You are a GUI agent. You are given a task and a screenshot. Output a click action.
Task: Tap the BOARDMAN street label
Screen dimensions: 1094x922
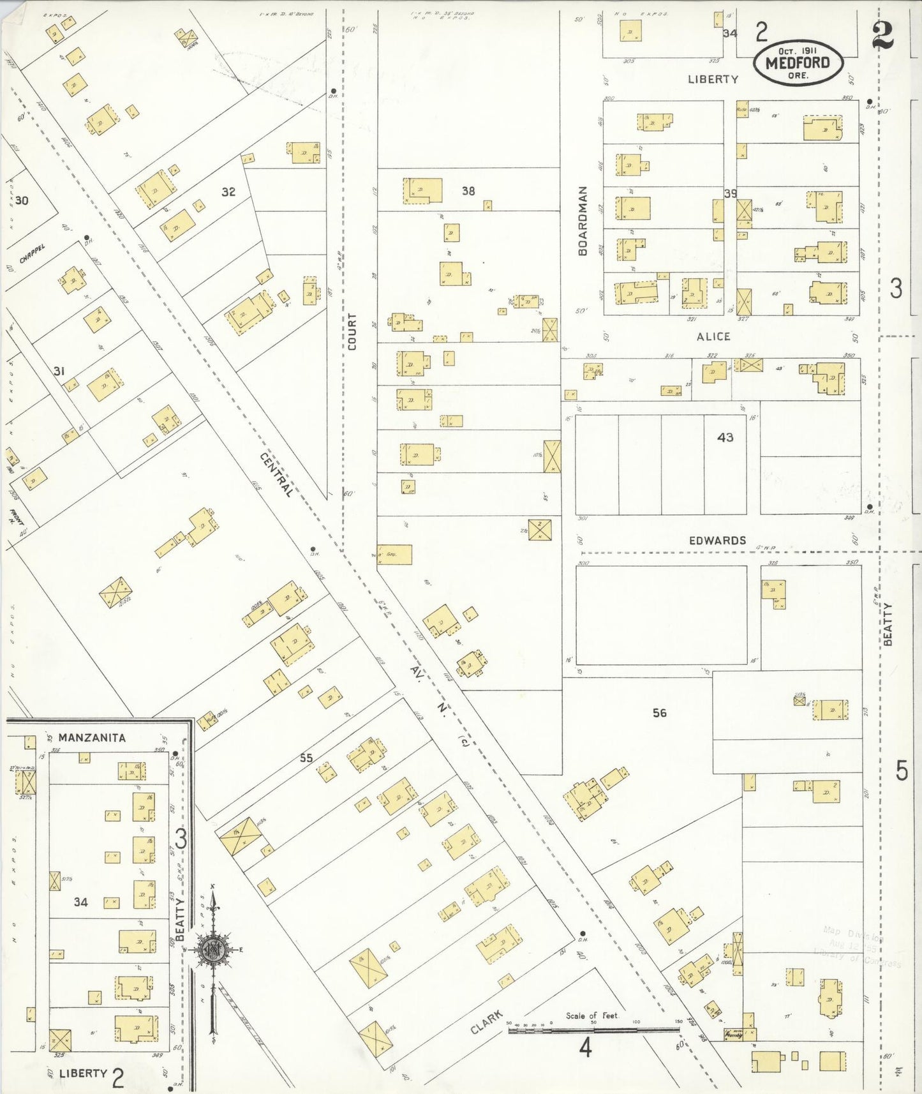(582, 221)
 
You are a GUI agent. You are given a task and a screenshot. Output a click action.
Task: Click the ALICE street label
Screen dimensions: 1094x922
(713, 336)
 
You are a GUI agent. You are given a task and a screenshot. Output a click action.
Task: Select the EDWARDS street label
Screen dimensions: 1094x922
(717, 541)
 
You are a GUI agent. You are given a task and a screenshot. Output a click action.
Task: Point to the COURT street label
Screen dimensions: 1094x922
(352, 331)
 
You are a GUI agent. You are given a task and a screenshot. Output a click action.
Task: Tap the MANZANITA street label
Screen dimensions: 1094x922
(92, 737)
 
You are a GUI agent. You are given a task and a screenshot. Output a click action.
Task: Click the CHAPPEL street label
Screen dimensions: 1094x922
(32, 254)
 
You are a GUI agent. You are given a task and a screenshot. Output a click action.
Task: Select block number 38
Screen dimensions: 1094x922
(468, 191)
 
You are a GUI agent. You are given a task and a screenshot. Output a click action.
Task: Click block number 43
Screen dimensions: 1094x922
(725, 437)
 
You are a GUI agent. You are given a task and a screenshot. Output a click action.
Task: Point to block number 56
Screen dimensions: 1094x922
(659, 712)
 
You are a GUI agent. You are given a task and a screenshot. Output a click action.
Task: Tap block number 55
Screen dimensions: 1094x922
(306, 758)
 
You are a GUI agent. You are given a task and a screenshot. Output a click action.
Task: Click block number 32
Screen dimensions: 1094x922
(228, 191)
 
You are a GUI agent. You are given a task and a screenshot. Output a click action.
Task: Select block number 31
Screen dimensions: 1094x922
(59, 371)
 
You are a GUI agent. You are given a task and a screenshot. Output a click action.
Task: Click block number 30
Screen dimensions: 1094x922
(22, 200)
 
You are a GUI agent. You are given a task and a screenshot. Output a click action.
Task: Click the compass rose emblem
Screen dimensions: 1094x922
(211, 950)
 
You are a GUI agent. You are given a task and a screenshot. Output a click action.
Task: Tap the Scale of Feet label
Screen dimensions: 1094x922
(591, 1015)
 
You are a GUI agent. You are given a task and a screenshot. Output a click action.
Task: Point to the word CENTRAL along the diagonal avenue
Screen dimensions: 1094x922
(277, 474)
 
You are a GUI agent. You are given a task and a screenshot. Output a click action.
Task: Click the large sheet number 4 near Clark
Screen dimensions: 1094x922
(585, 1047)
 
